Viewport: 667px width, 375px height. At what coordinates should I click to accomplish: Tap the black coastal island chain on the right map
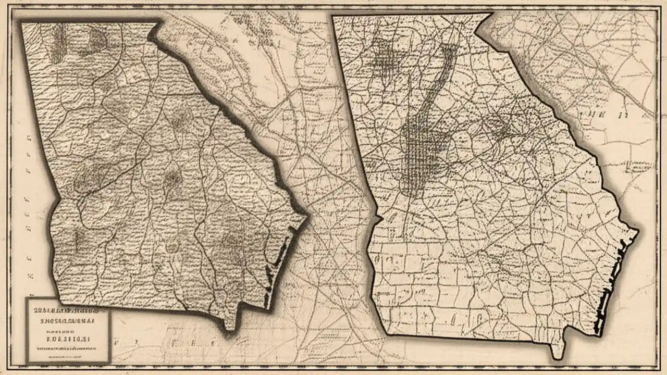click(609, 292)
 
